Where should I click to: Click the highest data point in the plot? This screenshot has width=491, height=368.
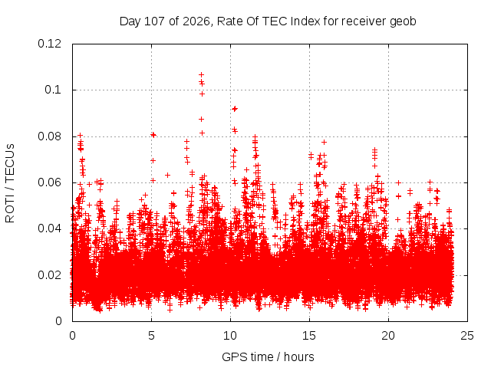[x=201, y=75]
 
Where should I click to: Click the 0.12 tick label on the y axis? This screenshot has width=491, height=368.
[x=49, y=44]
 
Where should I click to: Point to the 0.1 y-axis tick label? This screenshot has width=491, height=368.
[x=53, y=90]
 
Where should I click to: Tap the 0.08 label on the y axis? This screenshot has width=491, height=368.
[x=49, y=136]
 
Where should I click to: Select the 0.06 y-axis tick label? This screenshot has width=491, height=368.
[x=49, y=182]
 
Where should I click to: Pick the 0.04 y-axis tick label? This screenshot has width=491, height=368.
[x=49, y=228]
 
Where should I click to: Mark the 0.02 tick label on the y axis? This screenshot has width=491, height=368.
[x=49, y=275]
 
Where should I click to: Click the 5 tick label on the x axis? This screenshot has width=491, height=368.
[x=152, y=336]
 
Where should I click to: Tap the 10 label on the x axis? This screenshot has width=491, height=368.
[x=230, y=336]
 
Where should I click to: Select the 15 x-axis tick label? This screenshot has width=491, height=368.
[x=309, y=336]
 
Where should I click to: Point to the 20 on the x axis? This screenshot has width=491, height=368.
[x=388, y=336]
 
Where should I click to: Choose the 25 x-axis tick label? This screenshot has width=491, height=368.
[x=467, y=336]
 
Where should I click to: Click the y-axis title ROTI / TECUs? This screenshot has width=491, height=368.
[x=10, y=183]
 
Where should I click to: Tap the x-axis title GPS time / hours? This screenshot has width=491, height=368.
[x=268, y=356]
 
